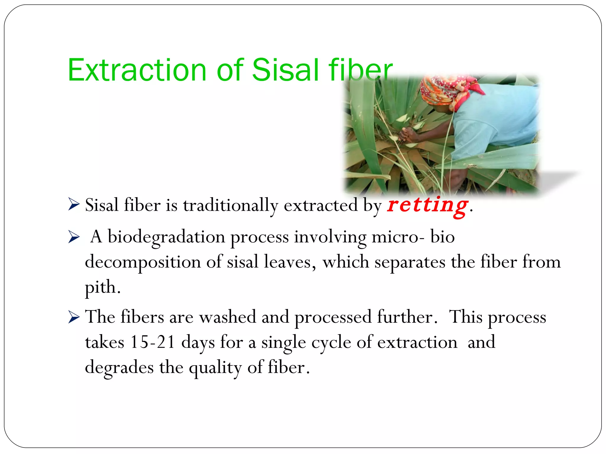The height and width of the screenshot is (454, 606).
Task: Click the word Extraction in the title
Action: tap(137, 70)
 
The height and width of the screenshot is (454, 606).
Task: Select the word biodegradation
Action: tap(166, 237)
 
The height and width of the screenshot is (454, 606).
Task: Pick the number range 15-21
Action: tap(152, 342)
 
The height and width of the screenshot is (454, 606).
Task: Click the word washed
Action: tap(228, 317)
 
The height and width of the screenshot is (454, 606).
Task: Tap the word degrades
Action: tap(119, 367)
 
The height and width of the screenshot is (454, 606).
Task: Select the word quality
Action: tap(215, 368)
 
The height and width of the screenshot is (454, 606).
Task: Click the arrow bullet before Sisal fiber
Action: tap(74, 205)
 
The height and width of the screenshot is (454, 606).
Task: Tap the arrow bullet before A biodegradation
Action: tap(74, 237)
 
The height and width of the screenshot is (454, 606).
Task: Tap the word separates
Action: tap(410, 262)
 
